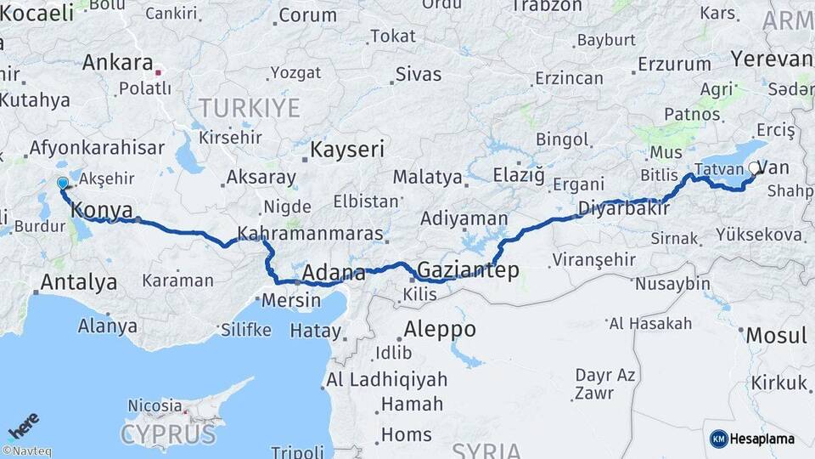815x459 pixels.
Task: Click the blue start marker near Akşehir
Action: pos(62,183)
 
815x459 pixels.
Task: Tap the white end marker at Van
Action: pos(753,168)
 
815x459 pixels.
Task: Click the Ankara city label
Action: pos(118,63)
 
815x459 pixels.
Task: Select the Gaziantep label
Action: pos(469,269)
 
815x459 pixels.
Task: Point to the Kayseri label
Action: pos(347,150)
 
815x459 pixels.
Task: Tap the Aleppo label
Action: pos(440,329)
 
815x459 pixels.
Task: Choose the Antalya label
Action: pos(79,282)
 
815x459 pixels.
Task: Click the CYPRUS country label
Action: pos(167,434)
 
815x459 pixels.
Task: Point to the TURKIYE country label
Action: pos(250,108)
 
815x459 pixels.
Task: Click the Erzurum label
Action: pos(674,64)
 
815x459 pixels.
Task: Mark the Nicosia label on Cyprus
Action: pos(154,405)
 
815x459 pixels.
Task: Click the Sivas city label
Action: pos(419,74)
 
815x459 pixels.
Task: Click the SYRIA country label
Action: pos(486,450)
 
